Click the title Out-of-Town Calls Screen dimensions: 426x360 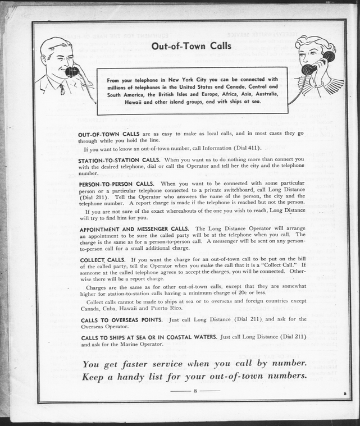point(191,46)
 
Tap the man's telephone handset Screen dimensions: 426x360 point(72,71)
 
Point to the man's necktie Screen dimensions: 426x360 point(62,89)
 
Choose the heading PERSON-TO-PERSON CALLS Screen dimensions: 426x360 point(116,184)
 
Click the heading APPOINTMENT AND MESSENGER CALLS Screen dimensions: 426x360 point(134,229)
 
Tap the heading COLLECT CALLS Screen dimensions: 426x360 point(103,260)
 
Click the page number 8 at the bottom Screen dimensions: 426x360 point(195,390)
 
